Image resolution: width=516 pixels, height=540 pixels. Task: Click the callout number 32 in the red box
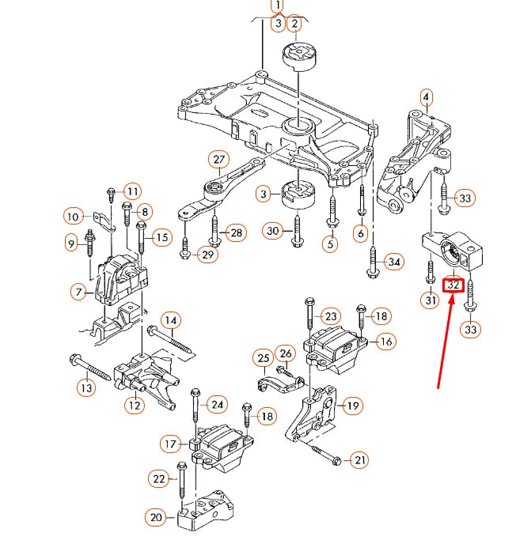(x=453, y=284)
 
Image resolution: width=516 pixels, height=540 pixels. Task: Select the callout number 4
(x=426, y=98)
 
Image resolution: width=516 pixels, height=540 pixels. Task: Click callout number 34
(x=393, y=262)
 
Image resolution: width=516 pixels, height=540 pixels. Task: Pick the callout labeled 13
(x=85, y=387)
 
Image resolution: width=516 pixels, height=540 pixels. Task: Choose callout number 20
(x=156, y=518)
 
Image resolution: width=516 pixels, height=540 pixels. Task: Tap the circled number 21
(x=360, y=459)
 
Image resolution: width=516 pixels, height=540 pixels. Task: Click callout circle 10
(x=73, y=216)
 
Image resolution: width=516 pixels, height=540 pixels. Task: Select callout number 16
(x=385, y=342)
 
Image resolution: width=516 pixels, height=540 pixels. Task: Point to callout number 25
(x=263, y=359)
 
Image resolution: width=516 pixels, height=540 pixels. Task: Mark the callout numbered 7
(x=78, y=293)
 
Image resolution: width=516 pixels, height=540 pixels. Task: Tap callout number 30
(x=274, y=231)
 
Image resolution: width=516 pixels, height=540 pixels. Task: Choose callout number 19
(x=352, y=406)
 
